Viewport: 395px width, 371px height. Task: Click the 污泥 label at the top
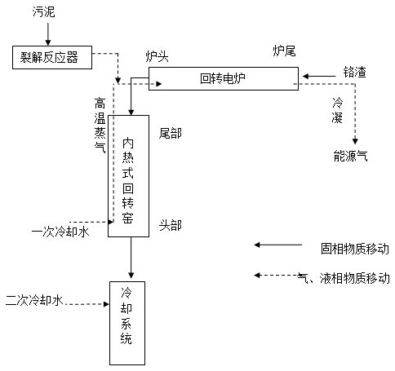[44, 11]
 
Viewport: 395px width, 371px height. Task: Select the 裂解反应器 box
[52, 57]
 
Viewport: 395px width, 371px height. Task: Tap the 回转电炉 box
[224, 78]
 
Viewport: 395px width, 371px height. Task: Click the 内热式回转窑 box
[128, 176]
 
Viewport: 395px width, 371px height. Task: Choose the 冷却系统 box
[127, 323]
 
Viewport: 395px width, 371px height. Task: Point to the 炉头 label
[158, 56]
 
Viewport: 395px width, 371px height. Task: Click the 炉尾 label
[284, 51]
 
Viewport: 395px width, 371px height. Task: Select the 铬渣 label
[354, 72]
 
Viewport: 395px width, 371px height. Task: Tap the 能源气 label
[351, 156]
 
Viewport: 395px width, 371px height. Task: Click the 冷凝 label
[337, 110]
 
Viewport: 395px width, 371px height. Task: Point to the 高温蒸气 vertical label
[100, 126]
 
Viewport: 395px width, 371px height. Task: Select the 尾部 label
[171, 134]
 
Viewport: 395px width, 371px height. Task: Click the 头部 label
[171, 225]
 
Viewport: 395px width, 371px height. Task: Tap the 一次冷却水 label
[60, 232]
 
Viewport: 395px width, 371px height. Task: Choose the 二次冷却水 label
[34, 300]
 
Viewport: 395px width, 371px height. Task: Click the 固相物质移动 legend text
[355, 249]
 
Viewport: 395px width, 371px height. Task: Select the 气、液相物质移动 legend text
[344, 278]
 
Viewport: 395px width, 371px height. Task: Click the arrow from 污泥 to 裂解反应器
[48, 34]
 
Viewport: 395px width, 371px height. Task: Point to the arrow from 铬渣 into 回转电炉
[319, 77]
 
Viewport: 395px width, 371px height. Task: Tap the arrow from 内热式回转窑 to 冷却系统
[131, 258]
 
